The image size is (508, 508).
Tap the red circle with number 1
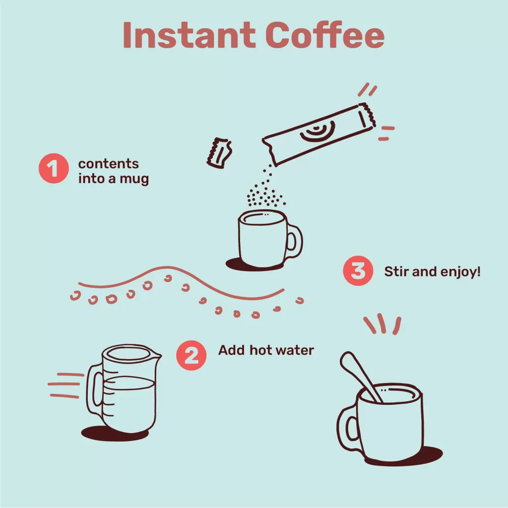pyautogui.click(x=53, y=170)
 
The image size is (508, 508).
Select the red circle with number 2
pyautogui.click(x=191, y=355)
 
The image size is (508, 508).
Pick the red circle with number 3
pyautogui.click(x=358, y=271)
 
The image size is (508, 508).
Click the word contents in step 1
pyautogui.click(x=108, y=164)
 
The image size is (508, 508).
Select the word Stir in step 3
pyautogui.click(x=396, y=272)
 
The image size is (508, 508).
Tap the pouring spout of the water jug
pyautogui.click(x=156, y=355)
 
